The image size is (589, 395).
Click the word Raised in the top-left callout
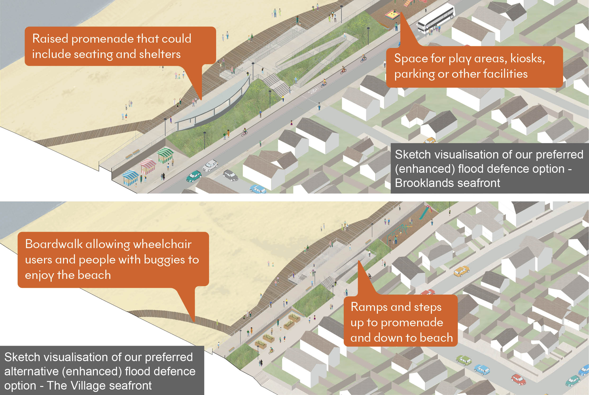pos(50,39)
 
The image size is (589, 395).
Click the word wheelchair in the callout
pos(162,245)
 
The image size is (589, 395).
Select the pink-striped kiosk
pos(148,165)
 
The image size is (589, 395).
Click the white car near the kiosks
pos(210,165)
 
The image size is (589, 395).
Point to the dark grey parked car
pos(230,175)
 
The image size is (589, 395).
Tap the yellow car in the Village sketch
pos(461,271)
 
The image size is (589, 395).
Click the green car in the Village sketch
pos(464,360)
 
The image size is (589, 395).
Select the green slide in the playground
pos(425,213)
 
